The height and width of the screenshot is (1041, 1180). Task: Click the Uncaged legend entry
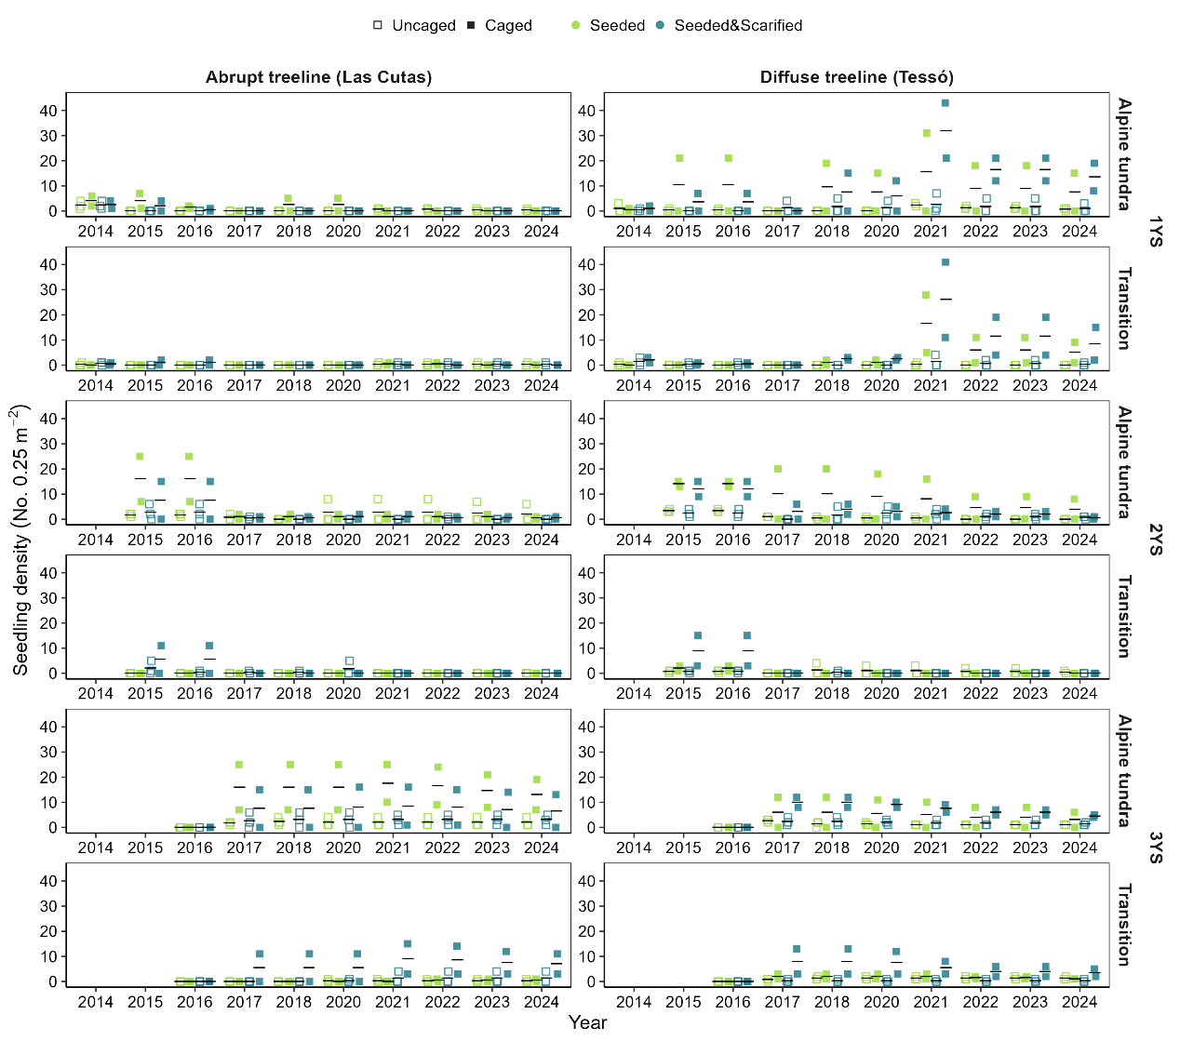pos(414,25)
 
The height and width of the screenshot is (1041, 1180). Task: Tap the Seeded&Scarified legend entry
pos(728,25)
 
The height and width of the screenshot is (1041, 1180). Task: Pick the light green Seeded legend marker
pos(577,25)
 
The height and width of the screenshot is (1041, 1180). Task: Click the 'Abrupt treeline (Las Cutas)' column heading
pos(318,77)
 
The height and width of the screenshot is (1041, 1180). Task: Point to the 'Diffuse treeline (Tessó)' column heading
pos(856,77)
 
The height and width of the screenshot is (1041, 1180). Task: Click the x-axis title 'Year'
pos(587,1022)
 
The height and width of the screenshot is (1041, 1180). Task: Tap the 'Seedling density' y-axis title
pos(20,540)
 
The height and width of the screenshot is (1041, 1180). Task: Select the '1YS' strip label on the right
pos(1155,231)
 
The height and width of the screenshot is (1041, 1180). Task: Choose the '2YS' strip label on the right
pos(1155,539)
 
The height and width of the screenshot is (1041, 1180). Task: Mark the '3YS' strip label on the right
pos(1155,847)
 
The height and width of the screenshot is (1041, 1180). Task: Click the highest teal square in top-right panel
pos(945,103)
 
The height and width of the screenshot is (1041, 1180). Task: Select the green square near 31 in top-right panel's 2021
pos(927,133)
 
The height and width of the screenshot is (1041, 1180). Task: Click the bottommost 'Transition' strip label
pos(1125,925)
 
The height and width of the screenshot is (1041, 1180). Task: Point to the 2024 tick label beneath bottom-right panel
pos(1079,1002)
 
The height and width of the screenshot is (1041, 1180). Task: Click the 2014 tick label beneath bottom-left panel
pos(95,1002)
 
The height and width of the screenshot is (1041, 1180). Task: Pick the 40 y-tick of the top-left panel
pos(48,110)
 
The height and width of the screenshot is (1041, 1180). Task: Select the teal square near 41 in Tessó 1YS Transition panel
pos(945,262)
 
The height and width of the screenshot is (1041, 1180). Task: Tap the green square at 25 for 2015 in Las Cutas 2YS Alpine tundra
pos(140,457)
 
